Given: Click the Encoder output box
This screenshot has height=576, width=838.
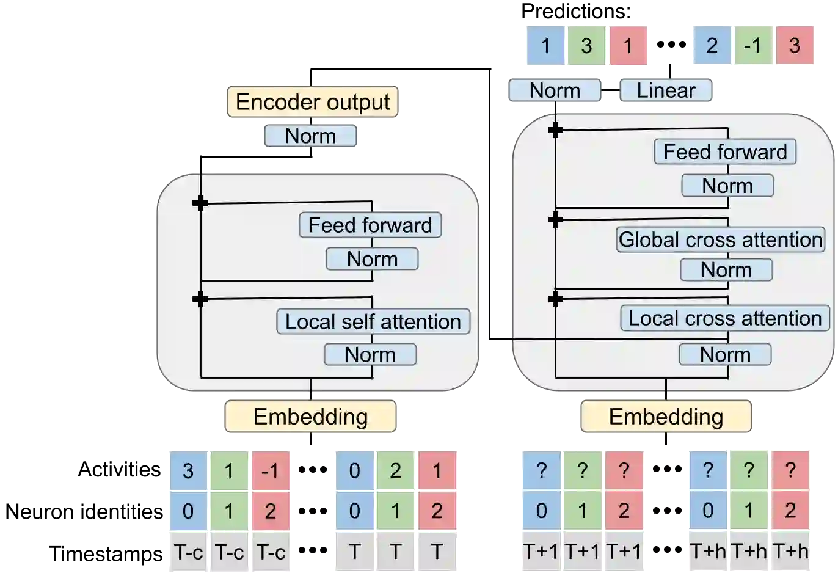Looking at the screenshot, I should point(313,102).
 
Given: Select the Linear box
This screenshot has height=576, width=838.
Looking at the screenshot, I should point(666,90).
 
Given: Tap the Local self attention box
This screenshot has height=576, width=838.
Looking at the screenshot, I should point(373,321).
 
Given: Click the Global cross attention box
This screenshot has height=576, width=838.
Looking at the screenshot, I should point(721,239).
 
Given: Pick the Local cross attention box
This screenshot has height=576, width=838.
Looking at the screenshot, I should point(725,318).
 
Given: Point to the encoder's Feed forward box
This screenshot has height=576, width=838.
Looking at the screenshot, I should point(370,225).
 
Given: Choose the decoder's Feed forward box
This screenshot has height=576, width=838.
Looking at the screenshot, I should point(725,151).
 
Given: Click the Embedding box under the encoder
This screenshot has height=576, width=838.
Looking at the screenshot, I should point(311,417).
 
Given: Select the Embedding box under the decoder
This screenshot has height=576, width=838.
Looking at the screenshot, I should point(666,417).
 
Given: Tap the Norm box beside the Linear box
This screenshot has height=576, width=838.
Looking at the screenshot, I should point(555,90).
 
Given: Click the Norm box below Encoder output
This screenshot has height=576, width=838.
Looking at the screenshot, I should point(310,136).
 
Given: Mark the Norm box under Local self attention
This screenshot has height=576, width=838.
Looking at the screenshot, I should point(370,354).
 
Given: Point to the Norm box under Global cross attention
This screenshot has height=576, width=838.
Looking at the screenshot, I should point(726,269).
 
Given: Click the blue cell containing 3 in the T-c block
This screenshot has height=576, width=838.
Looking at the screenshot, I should point(188,471).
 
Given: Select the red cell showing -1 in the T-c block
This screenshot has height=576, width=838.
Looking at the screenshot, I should point(271,471).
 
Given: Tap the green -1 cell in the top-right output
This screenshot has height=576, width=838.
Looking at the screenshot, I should point(753,45).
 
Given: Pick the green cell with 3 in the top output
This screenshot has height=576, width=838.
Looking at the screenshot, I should point(586,45).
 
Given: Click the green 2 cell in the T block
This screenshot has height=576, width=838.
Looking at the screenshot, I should point(396,471).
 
